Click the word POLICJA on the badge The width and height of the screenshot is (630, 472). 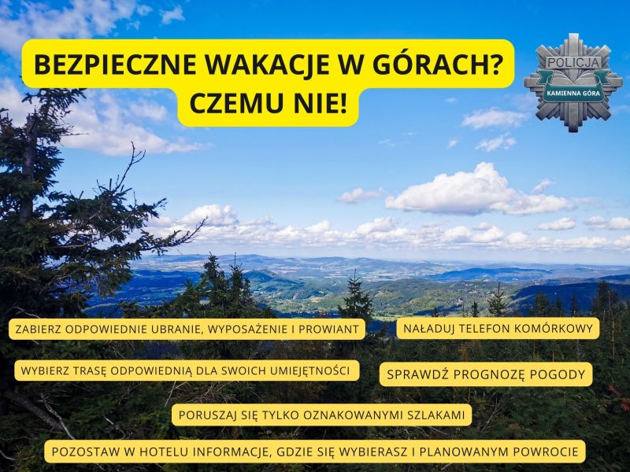pos(573,63)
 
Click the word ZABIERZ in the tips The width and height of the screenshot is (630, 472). pos(38,330)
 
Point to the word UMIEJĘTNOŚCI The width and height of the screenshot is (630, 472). pos(309,371)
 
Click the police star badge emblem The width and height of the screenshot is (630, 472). pos(573,83)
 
